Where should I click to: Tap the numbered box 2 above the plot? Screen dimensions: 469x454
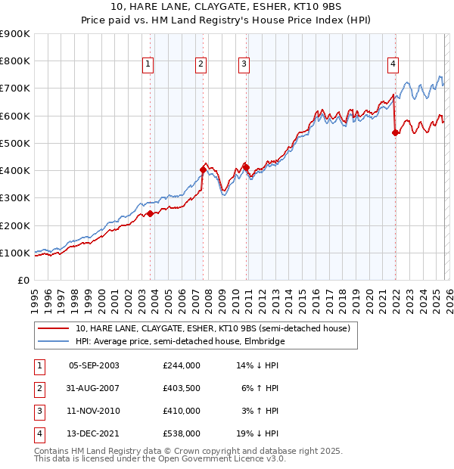[201, 65]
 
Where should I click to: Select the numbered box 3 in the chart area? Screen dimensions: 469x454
[244, 65]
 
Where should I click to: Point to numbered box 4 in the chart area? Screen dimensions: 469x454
[393, 65]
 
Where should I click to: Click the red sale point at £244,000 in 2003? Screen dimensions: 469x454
[150, 213]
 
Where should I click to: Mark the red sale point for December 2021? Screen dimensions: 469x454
[395, 132]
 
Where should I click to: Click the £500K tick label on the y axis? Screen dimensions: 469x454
[15, 143]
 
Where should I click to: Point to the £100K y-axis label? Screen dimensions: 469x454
[15, 253]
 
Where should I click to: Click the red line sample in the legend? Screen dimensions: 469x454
[54, 329]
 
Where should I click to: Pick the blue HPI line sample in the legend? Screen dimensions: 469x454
[54, 341]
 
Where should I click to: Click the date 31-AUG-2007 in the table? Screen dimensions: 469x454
[94, 387]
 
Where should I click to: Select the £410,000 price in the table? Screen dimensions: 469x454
[182, 411]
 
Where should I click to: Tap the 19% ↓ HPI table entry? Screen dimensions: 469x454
[260, 433]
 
